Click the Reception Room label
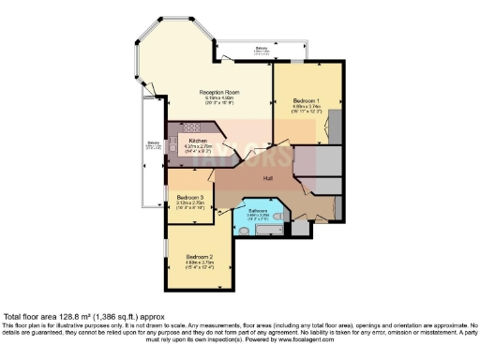pyautogui.click(x=215, y=91)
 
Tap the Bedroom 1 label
pyautogui.click(x=307, y=100)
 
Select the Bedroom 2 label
pyautogui.click(x=199, y=256)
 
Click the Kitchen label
pyautogui.click(x=198, y=141)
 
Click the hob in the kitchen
pyautogui.click(x=187, y=127)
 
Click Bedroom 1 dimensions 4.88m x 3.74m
pyautogui.click(x=307, y=108)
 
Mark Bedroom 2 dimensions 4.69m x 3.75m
pyautogui.click(x=199, y=262)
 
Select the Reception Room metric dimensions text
pyautogui.click(x=215, y=97)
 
